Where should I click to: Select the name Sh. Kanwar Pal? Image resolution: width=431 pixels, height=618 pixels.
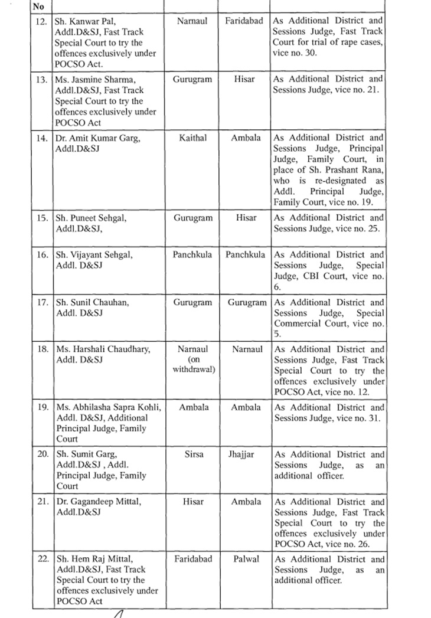click(x=84, y=21)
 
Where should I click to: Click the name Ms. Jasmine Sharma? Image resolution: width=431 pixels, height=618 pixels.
click(x=92, y=79)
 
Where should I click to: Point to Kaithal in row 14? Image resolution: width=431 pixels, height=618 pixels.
click(x=192, y=138)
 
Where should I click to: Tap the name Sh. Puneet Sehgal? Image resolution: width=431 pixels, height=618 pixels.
click(x=90, y=218)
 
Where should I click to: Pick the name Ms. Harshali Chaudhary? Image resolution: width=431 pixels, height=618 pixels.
click(x=103, y=349)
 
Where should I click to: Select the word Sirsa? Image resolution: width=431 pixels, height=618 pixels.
click(x=192, y=454)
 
